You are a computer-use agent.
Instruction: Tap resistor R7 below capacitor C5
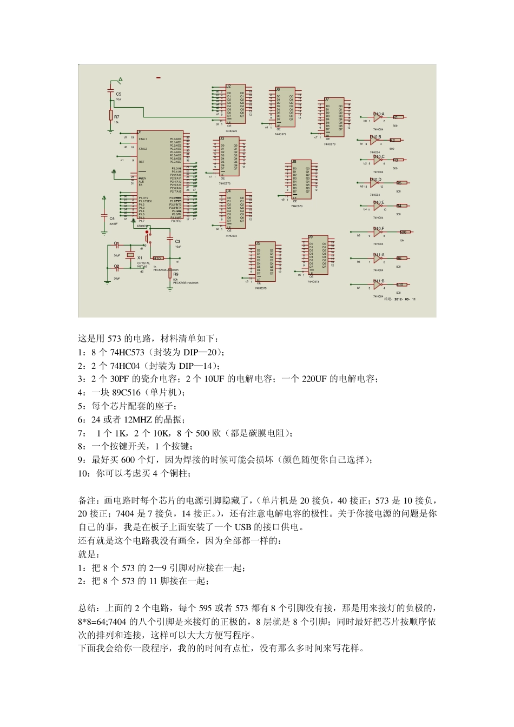coord(111,115)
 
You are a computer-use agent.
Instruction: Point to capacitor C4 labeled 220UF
coord(104,214)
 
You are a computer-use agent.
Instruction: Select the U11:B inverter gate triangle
coord(378,285)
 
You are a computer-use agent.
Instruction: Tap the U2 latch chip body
coord(235,104)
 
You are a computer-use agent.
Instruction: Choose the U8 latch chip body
coord(301,179)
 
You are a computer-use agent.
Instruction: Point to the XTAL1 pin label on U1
coord(143,139)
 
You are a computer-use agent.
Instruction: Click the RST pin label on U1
coord(142,162)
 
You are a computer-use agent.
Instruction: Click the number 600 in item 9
coord(128,460)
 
